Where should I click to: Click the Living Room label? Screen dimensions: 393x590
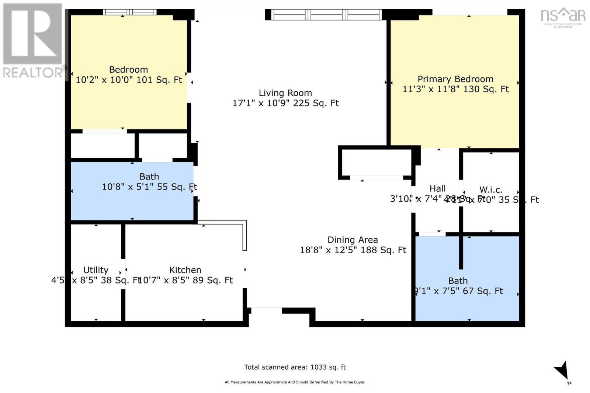pos(285,93)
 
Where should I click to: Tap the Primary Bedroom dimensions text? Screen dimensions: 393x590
pos(455,89)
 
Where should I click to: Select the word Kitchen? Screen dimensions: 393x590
pos(185,270)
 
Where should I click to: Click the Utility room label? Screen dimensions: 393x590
pos(96,270)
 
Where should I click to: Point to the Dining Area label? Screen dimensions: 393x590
pos(353,240)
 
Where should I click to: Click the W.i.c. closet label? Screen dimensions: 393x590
pos(491,189)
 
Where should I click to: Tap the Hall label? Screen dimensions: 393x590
pos(437,189)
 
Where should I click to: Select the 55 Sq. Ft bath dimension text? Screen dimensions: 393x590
pos(149,187)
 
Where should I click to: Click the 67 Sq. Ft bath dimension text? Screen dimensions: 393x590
pos(458,291)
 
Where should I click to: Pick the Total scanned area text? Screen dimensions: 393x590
pos(295,367)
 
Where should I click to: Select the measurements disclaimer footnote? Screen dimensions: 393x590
pos(295,382)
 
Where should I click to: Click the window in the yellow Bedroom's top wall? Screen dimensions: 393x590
pos(129,12)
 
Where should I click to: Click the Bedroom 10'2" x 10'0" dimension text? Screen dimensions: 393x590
pos(129,80)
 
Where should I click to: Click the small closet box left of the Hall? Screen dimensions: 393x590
pos(376,162)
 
